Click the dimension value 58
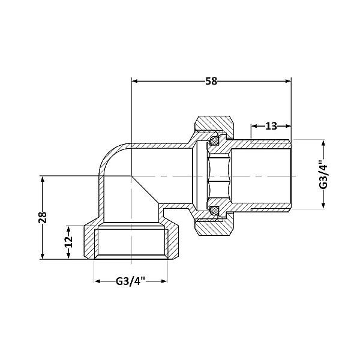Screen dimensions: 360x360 coord(211,82)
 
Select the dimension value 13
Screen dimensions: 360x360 coord(271,126)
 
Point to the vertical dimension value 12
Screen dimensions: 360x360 coord(68,242)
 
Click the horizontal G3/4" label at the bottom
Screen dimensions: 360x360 coord(130,281)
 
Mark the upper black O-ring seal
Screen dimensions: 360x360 coord(213,142)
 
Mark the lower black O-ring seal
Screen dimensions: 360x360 coord(213,210)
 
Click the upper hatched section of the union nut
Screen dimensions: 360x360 coord(216,125)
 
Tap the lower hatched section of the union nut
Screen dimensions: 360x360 coord(216,227)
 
